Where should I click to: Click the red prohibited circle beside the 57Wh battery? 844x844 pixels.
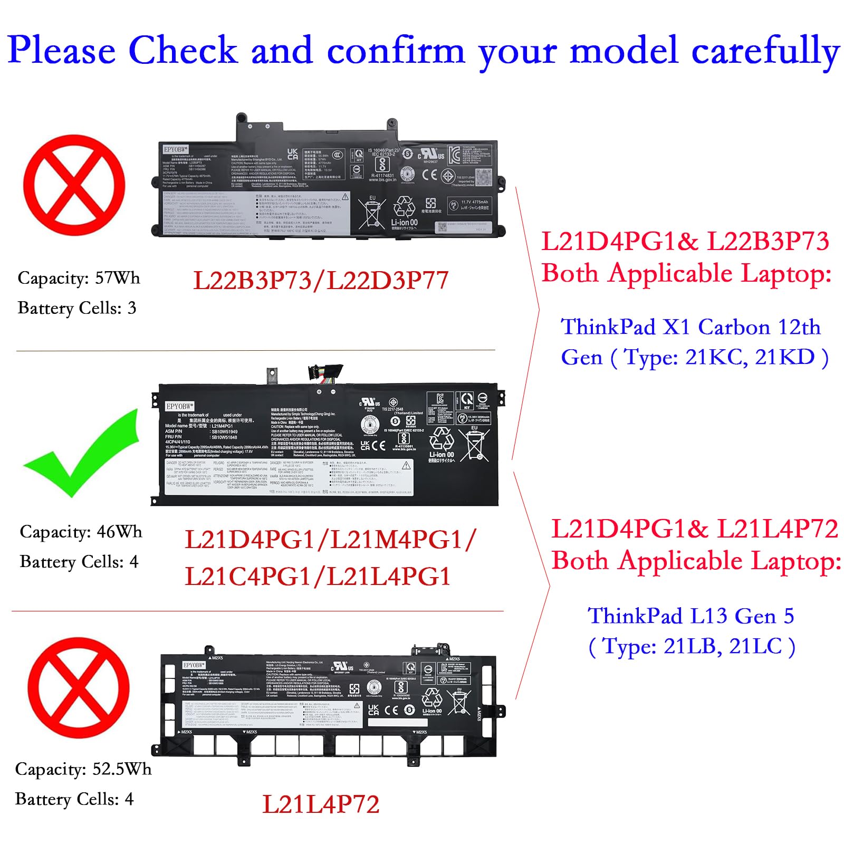pos(74,185)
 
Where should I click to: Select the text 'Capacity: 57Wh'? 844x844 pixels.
pos(79,278)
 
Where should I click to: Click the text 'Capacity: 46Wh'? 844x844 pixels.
pos(81,532)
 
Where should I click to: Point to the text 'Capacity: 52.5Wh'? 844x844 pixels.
pos(83,769)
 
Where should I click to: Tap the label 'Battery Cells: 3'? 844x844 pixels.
pos(76,308)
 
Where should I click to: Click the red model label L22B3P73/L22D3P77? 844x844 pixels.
pos(321,281)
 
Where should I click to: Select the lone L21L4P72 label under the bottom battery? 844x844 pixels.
pos(321,804)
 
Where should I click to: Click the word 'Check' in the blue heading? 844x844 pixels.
pos(183,51)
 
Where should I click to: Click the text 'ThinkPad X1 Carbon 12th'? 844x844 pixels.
pos(690,327)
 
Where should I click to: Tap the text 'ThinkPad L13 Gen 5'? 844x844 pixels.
pos(690,616)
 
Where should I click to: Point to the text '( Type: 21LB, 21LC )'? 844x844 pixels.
pos(691,646)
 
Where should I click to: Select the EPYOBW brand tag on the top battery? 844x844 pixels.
pos(176,149)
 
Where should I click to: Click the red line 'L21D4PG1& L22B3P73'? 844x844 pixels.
pos(685,242)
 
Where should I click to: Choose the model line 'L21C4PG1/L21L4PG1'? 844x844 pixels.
pos(318,577)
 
